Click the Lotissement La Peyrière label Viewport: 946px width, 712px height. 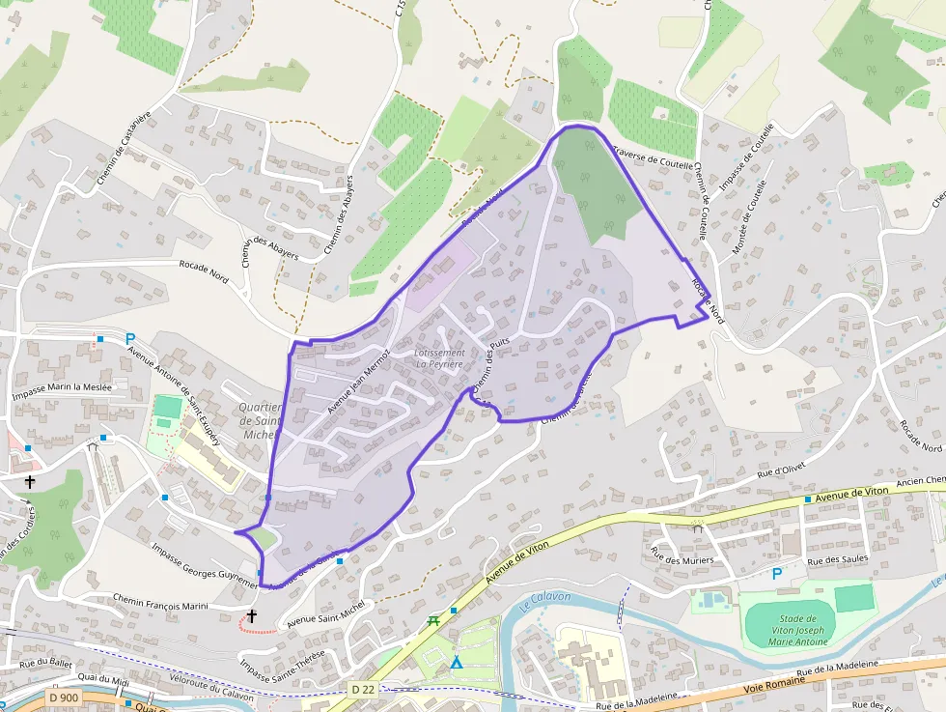coord(439,358)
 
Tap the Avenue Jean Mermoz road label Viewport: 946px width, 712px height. coord(357,383)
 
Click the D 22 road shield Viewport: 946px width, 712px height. coord(362,689)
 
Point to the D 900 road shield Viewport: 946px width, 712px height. coord(64,697)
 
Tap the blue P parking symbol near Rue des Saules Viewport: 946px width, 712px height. coord(777,574)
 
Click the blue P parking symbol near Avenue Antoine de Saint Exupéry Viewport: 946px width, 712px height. coord(129,338)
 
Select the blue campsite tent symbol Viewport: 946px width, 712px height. coord(456,663)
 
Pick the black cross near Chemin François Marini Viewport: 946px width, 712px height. coord(252,615)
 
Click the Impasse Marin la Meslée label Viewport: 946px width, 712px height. coord(62,390)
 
